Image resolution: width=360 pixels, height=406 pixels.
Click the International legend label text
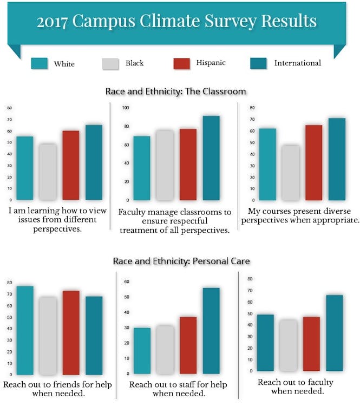(297, 63)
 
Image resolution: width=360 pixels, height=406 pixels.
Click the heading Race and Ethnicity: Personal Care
(181, 261)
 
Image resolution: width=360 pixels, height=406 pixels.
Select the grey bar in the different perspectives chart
(48, 172)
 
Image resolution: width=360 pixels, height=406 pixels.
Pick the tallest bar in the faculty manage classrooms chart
(211, 158)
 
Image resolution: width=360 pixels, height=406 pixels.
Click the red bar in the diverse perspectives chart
(313, 162)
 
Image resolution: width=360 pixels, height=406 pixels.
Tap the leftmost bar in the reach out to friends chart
(25, 330)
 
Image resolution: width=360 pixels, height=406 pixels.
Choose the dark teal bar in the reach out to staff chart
(211, 331)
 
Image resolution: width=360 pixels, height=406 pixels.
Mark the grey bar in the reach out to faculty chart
(288, 345)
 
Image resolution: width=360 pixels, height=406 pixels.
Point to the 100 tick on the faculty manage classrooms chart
(126, 108)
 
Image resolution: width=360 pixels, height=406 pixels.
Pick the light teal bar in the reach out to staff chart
(142, 351)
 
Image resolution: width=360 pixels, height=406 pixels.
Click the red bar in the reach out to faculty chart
(311, 344)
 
